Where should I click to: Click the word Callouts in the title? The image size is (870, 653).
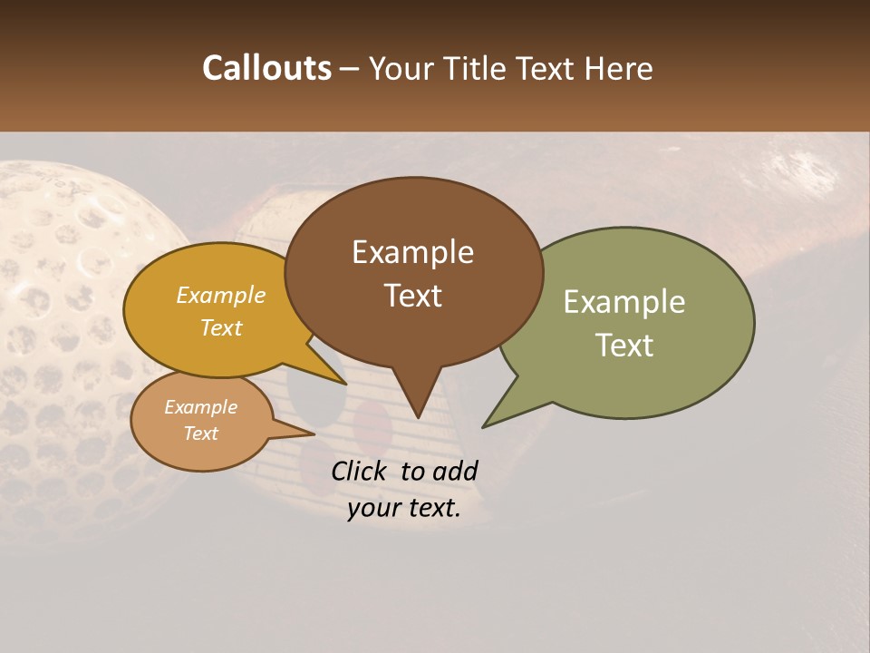[266, 68]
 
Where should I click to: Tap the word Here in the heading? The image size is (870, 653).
[620, 68]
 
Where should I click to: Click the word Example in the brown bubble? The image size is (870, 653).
[413, 252]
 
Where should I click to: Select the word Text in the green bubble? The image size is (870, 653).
[624, 346]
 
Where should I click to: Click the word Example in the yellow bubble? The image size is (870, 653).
[221, 295]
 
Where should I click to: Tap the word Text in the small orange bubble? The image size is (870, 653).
[201, 434]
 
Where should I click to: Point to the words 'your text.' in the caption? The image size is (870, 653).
[404, 508]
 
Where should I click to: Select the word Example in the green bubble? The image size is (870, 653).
[624, 302]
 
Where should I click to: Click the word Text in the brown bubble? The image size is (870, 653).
[413, 296]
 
